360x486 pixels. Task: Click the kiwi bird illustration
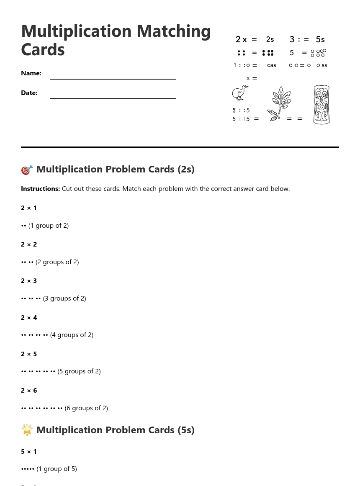pos(240,93)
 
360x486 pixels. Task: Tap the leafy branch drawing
pos(279,104)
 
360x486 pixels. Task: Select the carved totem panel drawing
pos(321,105)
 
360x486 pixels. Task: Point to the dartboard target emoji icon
pos(27,170)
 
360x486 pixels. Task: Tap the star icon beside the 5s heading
pos(27,430)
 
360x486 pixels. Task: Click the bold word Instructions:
pos(40,189)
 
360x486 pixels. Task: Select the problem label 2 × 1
pos(29,208)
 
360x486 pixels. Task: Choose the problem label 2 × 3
pos(29,281)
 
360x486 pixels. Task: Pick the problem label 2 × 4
pos(29,318)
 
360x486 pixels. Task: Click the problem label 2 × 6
pos(29,391)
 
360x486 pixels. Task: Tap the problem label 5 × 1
pos(29,452)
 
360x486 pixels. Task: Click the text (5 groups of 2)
pos(79,371)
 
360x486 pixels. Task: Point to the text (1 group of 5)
pos(57,469)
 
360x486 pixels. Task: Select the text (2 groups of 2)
pos(57,262)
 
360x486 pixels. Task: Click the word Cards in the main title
pos(43,50)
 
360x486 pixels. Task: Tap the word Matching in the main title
pos(173,31)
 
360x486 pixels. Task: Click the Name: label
pos(31,73)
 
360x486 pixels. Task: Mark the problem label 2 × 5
pos(29,354)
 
